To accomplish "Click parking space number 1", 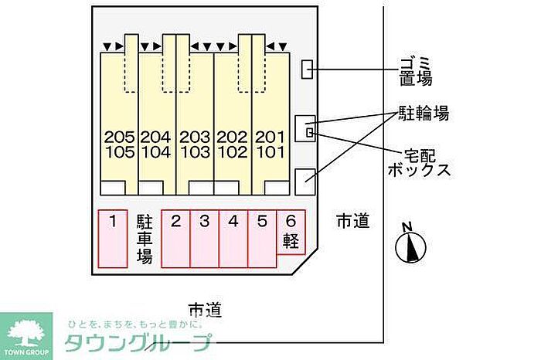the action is [x=113, y=239].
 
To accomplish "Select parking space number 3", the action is [x=205, y=239].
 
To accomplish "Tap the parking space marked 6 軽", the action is [x=291, y=233].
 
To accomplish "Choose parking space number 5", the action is [x=262, y=239].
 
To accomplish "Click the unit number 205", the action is [x=119, y=138].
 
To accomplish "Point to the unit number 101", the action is [x=270, y=152].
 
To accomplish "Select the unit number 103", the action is [x=195, y=152].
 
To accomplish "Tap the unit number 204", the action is [x=156, y=138].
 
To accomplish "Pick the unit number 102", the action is [x=232, y=152].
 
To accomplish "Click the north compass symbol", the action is [x=410, y=245].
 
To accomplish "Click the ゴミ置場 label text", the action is [x=416, y=71].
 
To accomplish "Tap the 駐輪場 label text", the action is [x=424, y=113].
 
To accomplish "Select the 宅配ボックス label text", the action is [x=419, y=163].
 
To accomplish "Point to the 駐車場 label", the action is [x=145, y=239].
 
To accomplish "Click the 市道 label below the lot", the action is [x=205, y=310].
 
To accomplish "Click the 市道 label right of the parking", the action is [x=353, y=221].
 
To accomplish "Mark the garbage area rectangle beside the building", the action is [x=307, y=70].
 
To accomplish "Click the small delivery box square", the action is [x=310, y=132].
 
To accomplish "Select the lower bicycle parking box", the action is [x=305, y=182].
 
